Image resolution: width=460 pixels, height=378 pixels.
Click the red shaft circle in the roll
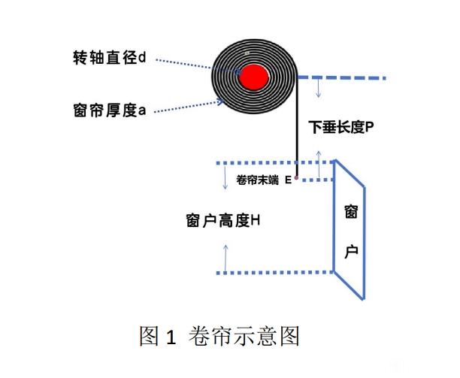[x=254, y=77]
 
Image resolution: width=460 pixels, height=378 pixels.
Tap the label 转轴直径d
[x=110, y=57]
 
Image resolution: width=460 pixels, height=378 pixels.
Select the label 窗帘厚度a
[x=110, y=110]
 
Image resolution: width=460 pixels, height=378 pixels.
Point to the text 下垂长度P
[x=341, y=127]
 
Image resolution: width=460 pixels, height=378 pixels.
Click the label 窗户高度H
[x=223, y=220]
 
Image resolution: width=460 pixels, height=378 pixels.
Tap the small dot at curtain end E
[x=296, y=177]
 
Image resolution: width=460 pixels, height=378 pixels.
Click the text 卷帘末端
[x=257, y=180]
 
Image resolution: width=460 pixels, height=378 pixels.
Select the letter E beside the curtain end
[x=289, y=180]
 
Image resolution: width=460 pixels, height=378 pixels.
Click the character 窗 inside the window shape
[x=351, y=212]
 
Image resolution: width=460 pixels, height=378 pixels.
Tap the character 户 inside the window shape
[x=351, y=252]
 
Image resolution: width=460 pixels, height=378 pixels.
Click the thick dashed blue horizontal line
[x=342, y=77]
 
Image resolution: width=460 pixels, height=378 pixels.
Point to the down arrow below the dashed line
[x=318, y=89]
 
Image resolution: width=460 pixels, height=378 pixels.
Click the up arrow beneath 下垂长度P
[x=319, y=165]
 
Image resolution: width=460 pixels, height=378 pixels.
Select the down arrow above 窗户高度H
[x=225, y=177]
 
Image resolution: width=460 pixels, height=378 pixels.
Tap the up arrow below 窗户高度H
[x=225, y=258]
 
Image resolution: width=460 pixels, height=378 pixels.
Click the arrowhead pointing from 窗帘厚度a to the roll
[x=220, y=101]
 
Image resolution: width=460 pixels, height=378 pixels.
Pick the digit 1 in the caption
[x=171, y=337]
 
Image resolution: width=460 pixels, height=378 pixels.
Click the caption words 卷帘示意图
[x=244, y=336]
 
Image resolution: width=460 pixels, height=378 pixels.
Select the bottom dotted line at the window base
[x=275, y=273]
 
